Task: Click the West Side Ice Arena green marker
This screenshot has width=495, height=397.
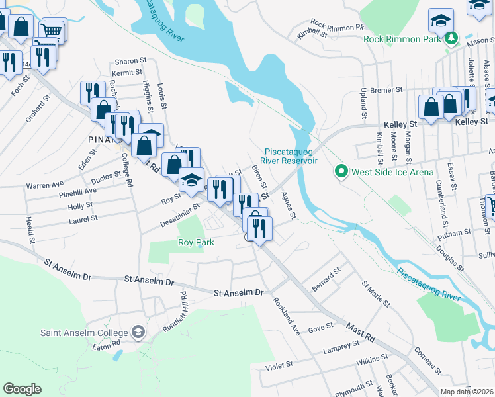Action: pyautogui.click(x=341, y=172)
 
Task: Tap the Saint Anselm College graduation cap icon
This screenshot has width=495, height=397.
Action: pyautogui.click(x=138, y=331)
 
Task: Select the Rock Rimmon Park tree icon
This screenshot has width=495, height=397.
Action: pyautogui.click(x=452, y=38)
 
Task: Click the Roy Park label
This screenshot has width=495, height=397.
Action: pyautogui.click(x=195, y=242)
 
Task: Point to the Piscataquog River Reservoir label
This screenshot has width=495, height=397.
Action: pyautogui.click(x=291, y=156)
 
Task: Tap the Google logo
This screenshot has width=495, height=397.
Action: pyautogui.click(x=22, y=389)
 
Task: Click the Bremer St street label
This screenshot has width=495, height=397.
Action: pyautogui.click(x=386, y=89)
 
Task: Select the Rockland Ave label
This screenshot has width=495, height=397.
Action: pyautogui.click(x=287, y=316)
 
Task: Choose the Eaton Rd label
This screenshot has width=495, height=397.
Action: pyautogui.click(x=106, y=345)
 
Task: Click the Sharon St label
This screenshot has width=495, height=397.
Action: pyautogui.click(x=130, y=60)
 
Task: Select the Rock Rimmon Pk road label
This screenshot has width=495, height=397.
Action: pyautogui.click(x=337, y=27)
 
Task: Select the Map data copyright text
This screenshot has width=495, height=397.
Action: pyautogui.click(x=467, y=392)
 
